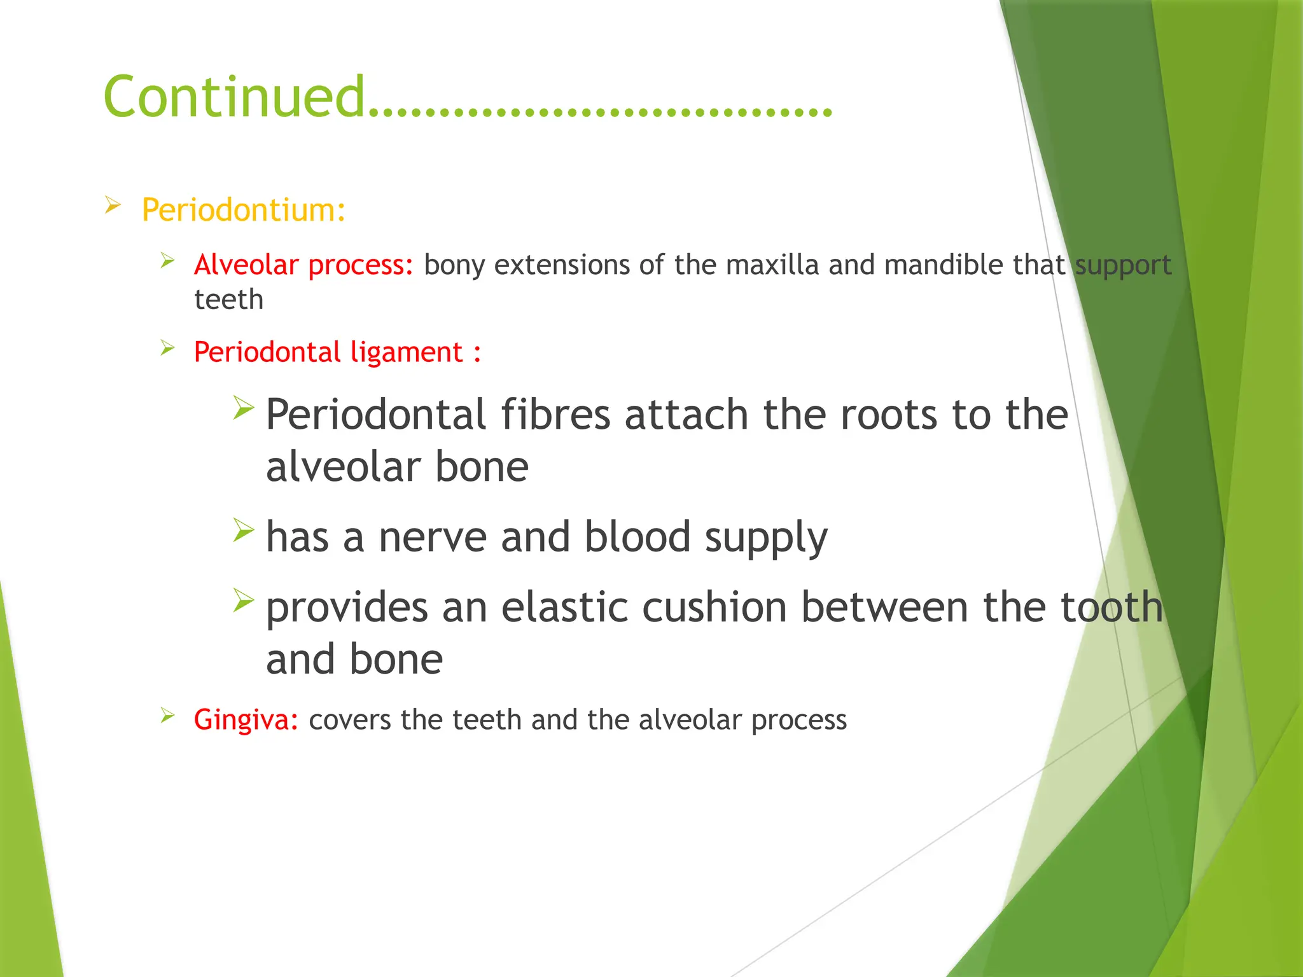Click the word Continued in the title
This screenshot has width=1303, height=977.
[x=233, y=97]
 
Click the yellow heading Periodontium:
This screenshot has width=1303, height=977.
[x=243, y=210]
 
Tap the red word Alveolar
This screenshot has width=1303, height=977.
[x=246, y=265]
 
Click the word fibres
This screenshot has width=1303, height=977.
[x=555, y=415]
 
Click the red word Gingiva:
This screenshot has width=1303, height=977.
[x=246, y=720]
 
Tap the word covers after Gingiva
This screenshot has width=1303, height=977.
[x=349, y=720]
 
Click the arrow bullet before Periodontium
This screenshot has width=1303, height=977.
[x=113, y=205]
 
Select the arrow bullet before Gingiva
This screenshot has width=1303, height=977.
[x=167, y=716]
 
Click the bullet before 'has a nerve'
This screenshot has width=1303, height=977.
[x=243, y=530]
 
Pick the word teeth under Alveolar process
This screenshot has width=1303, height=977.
[x=228, y=300]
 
